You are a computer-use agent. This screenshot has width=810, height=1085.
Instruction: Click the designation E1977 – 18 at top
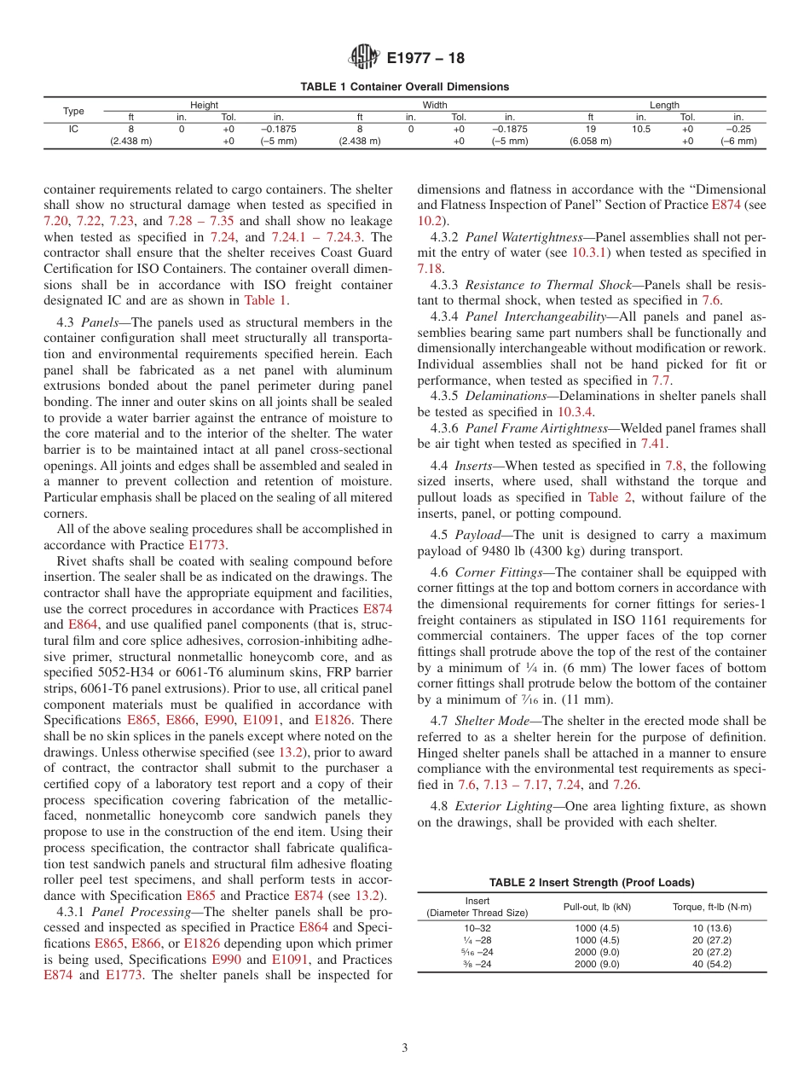tap(426, 58)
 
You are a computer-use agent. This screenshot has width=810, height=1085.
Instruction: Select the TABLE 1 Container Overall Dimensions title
tap(404, 86)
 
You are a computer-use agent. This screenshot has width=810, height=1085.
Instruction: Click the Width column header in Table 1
tap(435, 105)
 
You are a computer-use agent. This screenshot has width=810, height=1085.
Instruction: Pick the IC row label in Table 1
tap(74, 129)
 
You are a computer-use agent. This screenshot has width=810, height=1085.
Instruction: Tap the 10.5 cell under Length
tap(642, 129)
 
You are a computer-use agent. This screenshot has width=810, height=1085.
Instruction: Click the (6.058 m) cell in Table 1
tap(590, 142)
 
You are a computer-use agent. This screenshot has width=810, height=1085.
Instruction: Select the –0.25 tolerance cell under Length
tap(738, 129)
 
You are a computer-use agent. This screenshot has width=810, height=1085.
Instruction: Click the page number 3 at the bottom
tap(404, 1047)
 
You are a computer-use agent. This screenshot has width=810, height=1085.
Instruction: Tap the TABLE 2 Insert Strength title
tap(591, 882)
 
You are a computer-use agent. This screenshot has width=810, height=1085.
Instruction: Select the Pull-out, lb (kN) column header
tap(591, 906)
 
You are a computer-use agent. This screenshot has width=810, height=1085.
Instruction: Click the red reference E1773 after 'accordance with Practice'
tap(210, 544)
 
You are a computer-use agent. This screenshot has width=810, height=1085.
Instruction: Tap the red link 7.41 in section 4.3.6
tap(654, 444)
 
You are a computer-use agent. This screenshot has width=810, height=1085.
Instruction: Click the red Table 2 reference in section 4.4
tap(605, 497)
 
